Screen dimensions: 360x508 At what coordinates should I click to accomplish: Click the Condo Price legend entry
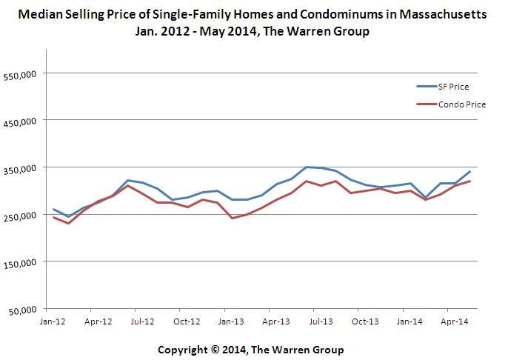461,104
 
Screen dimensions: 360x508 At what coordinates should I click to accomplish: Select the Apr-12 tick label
98,321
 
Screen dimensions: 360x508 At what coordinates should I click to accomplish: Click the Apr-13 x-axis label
276,321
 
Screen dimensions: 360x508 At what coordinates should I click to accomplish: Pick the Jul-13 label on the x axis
321,321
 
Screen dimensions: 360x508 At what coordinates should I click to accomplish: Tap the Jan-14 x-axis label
410,321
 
